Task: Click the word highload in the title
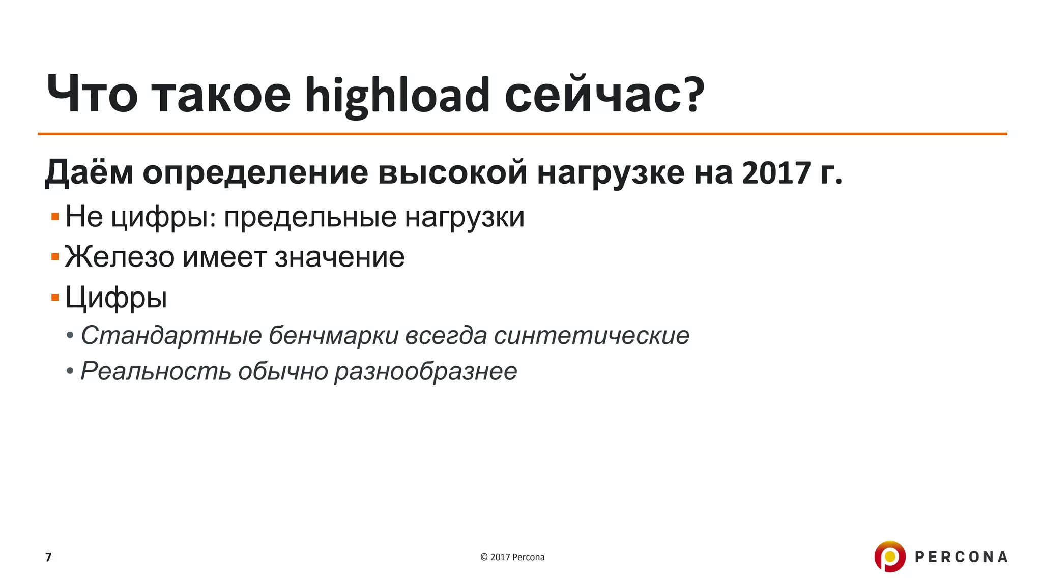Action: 397,96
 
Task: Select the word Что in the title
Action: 92,95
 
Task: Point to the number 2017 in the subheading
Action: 776,173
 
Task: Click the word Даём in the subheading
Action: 89,173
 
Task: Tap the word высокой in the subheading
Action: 452,173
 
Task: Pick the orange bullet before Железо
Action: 55,257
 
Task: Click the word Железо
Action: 120,257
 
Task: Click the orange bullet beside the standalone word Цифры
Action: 55,297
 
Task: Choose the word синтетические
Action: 591,336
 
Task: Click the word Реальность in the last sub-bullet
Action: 154,371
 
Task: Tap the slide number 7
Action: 48,558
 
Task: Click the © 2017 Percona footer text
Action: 512,558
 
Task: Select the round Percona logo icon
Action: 890,556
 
